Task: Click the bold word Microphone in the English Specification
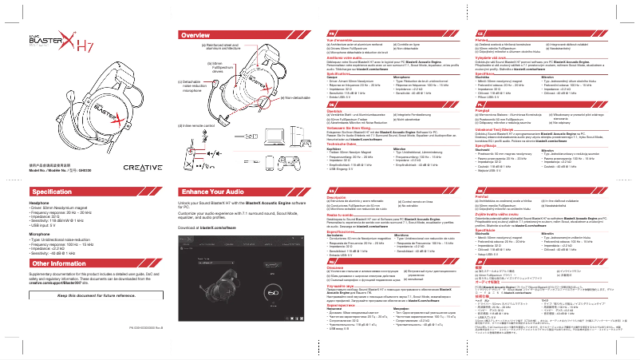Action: (x=40, y=235)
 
